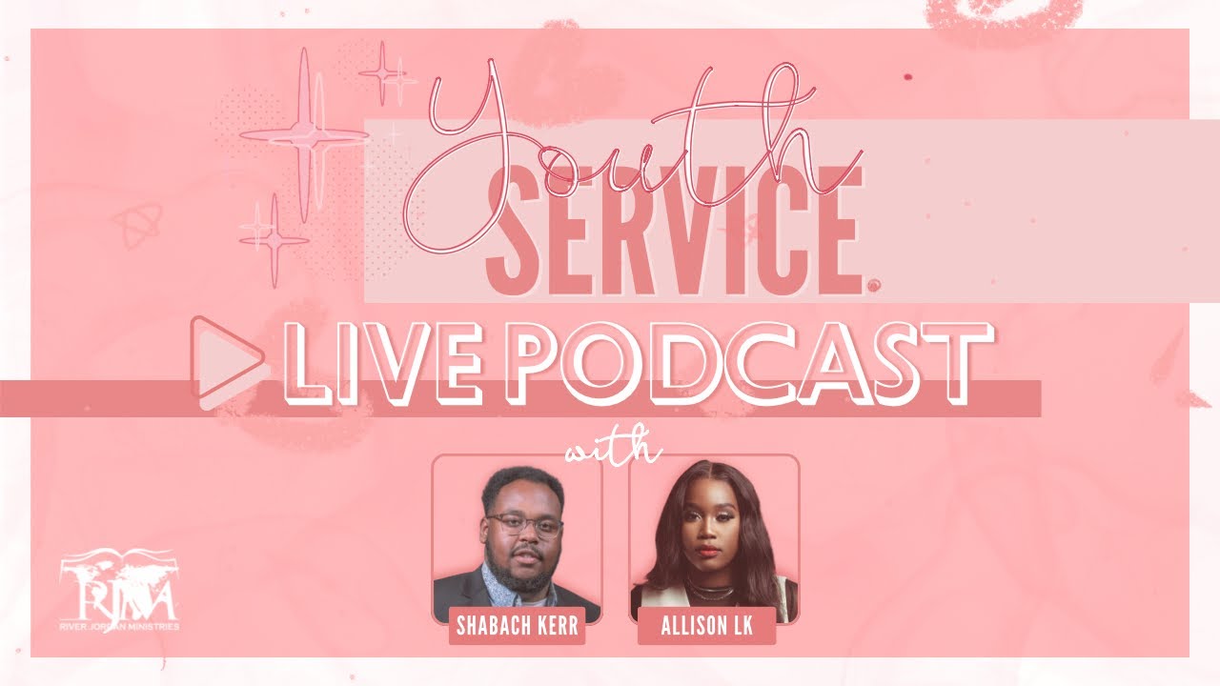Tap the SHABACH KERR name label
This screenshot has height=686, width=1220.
tap(517, 629)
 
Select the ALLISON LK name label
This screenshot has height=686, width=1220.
tap(706, 629)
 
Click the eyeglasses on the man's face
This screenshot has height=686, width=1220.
tap(523, 525)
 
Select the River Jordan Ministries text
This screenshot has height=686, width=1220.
tap(118, 626)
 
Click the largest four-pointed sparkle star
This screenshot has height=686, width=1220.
tap(304, 136)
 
